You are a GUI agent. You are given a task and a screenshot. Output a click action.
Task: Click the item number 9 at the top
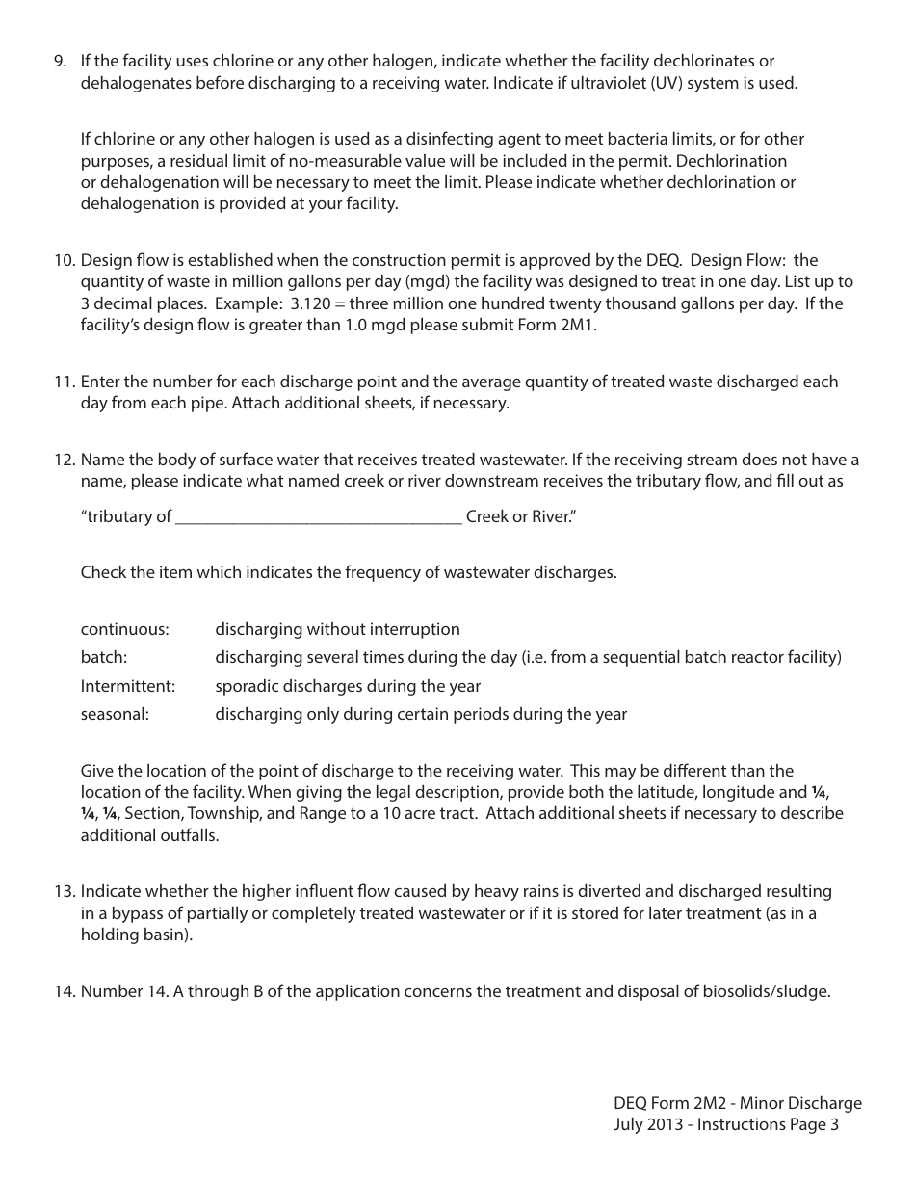tap(60, 61)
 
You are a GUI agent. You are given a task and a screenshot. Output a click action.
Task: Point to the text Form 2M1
tap(576, 326)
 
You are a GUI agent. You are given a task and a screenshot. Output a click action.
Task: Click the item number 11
tap(64, 382)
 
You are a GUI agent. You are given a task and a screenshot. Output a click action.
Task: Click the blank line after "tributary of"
tap(319, 517)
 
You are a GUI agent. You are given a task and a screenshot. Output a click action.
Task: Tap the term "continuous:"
tap(124, 629)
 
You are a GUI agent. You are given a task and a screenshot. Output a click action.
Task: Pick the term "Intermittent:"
tap(127, 686)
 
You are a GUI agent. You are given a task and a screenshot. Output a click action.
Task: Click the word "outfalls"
tap(189, 835)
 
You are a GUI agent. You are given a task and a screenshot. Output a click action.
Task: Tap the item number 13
tap(64, 891)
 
